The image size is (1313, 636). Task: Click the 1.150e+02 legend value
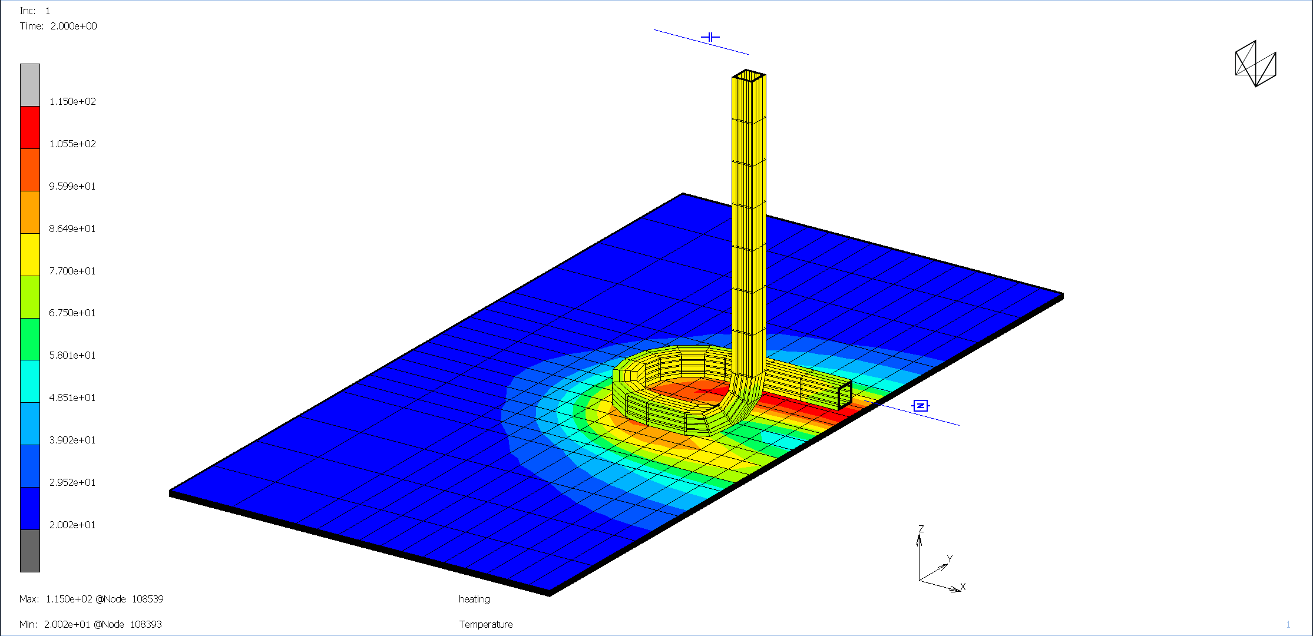(72, 101)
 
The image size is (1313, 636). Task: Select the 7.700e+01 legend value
(72, 271)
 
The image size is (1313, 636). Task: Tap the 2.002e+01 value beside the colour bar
(72, 525)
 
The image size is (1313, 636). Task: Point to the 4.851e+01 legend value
(72, 397)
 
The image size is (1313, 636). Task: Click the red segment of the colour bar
(30, 127)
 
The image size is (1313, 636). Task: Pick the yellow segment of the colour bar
(30, 254)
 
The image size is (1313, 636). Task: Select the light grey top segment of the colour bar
(30, 85)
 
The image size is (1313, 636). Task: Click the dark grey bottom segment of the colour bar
(30, 551)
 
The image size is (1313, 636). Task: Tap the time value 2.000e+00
(74, 26)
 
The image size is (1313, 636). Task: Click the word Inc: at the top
(28, 11)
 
